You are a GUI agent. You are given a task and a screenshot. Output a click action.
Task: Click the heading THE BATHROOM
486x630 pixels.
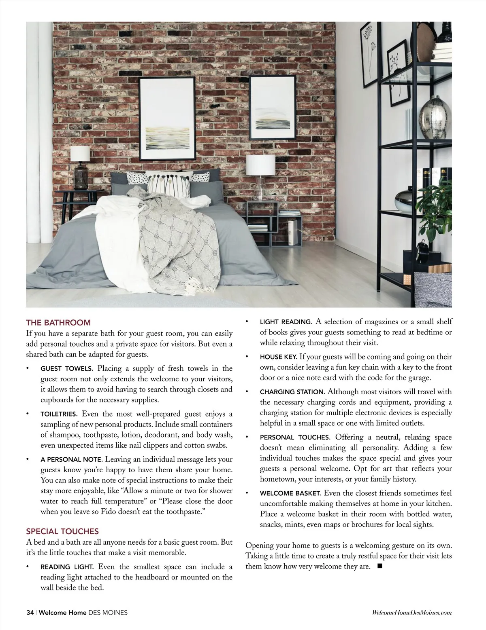[x=58, y=323]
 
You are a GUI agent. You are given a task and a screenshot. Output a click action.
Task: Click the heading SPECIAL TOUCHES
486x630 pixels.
[x=62, y=531]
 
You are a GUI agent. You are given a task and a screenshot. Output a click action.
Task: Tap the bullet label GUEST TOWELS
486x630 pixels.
[x=67, y=369]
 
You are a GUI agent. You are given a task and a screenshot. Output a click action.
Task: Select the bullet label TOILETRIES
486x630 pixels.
[x=58, y=414]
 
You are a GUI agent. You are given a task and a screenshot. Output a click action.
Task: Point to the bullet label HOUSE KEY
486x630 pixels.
[x=279, y=357]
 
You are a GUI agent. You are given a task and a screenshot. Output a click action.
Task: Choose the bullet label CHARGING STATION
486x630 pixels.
[x=292, y=392]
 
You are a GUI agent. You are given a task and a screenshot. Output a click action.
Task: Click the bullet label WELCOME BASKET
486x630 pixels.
[x=290, y=494]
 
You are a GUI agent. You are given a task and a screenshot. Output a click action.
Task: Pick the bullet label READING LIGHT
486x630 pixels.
[x=67, y=567]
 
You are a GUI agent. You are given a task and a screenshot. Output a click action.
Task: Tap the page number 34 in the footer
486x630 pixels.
[x=30, y=613]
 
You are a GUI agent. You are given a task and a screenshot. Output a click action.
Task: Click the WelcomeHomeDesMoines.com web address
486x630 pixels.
[x=411, y=613]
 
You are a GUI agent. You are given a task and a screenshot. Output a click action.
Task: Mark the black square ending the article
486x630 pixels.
[x=379, y=566]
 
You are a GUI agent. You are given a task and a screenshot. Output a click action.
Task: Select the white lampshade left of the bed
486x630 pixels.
[x=80, y=153]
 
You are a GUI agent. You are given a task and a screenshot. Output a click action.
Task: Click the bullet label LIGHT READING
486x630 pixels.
[x=286, y=322]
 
